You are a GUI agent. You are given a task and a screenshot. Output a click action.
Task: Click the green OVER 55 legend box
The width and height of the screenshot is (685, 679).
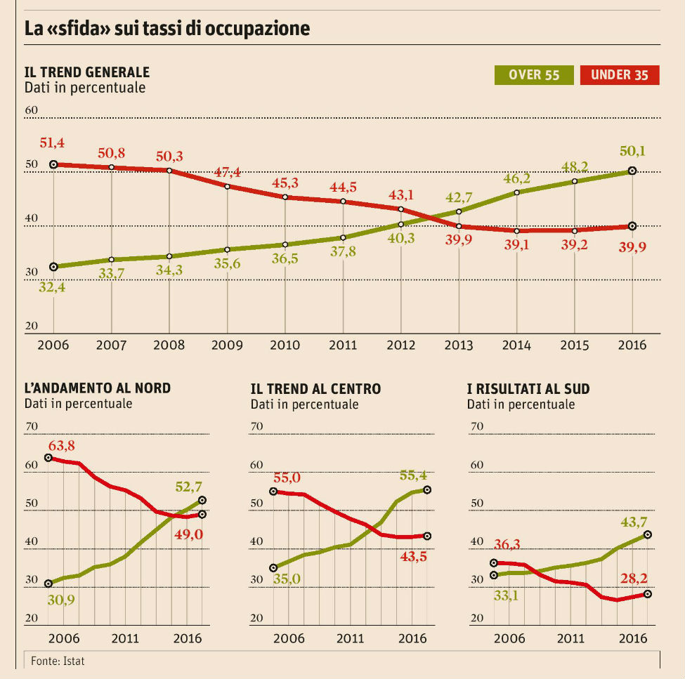pos(534,75)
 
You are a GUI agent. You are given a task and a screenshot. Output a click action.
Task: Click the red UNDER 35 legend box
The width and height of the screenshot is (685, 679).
pos(620,75)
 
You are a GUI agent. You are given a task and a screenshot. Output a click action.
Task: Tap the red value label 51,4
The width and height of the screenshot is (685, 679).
pos(53,144)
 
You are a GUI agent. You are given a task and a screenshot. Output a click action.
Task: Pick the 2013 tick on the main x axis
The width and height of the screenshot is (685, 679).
pos(459,345)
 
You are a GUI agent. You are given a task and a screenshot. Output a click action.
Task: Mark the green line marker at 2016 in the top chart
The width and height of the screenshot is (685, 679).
pos(632,171)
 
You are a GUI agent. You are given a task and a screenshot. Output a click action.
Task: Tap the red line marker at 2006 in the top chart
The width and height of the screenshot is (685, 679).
pos(53,164)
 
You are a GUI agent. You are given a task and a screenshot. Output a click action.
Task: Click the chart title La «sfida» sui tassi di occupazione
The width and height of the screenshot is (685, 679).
pos(167,29)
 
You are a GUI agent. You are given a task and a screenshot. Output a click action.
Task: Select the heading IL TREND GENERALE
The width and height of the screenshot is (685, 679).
pos(87,72)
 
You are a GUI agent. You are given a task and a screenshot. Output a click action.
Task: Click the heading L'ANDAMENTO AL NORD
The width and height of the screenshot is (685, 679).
pos(98,388)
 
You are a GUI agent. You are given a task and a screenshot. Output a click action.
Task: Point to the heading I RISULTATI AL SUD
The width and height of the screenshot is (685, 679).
pos(528,388)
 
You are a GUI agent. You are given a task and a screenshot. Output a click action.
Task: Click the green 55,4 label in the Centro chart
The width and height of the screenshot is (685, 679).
pos(412,475)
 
